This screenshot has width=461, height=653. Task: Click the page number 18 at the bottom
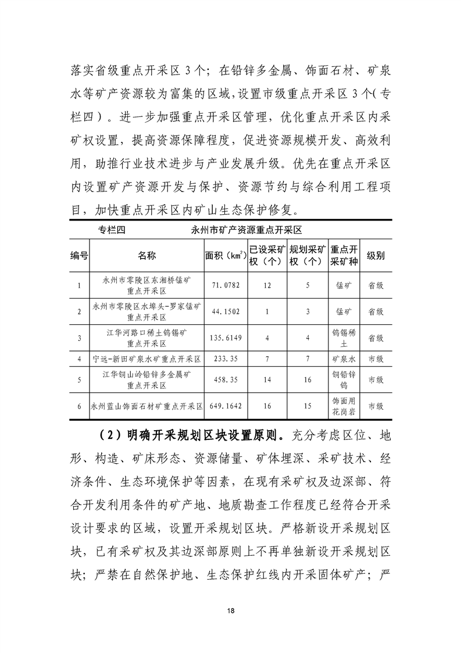(231, 610)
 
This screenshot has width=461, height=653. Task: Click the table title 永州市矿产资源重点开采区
(248, 230)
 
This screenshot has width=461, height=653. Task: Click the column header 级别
(376, 255)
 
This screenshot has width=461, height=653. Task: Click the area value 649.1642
(226, 406)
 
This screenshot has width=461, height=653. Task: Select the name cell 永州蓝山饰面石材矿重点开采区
(146, 406)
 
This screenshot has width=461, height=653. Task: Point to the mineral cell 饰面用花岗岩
(343, 406)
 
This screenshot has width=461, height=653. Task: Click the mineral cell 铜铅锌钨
(343, 379)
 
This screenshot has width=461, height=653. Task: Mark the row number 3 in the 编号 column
(79, 338)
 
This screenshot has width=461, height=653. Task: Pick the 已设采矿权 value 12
(267, 285)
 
